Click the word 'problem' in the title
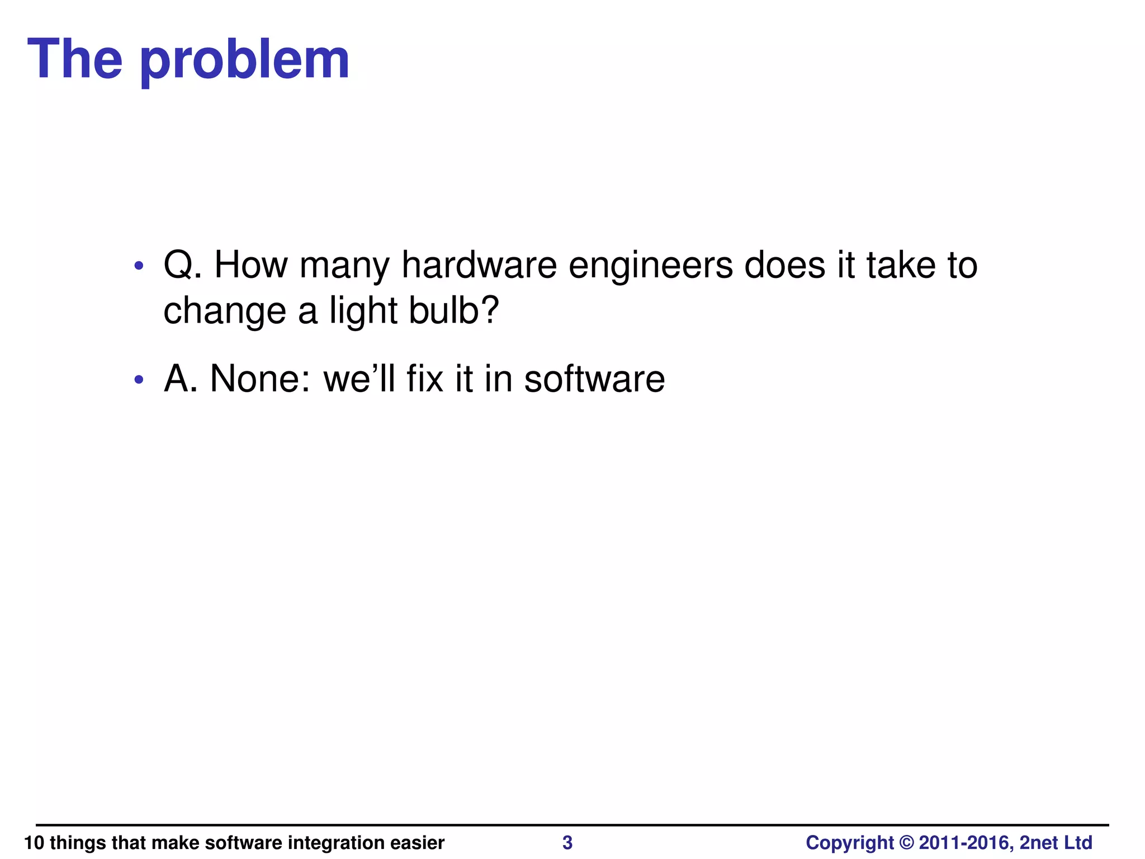point(244,60)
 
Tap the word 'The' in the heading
point(74,59)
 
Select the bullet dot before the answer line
point(139,380)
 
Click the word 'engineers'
point(650,266)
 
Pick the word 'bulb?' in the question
point(453,310)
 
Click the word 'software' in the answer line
point(594,379)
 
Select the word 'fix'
point(424,379)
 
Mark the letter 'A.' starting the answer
point(181,379)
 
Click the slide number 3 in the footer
point(567,843)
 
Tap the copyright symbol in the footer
point(906,843)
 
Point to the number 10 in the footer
point(34,843)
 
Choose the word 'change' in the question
point(225,311)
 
